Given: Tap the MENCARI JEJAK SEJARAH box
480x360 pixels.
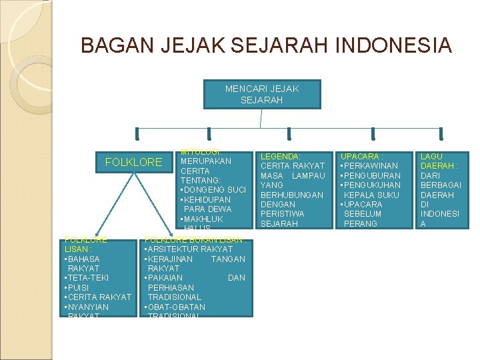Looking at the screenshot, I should (262, 94).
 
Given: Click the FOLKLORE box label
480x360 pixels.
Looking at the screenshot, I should (134, 162).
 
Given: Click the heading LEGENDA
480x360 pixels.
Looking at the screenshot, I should (280, 156).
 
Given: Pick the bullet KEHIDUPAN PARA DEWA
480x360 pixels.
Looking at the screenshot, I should (207, 205).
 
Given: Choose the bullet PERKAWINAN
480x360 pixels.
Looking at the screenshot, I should (370, 165).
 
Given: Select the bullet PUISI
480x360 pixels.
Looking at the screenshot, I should (79, 287).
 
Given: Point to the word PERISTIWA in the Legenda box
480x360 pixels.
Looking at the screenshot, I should (283, 214).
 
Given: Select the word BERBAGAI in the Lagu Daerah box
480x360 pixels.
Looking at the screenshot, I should (440, 185).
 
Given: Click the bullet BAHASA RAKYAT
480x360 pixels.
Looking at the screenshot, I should (83, 263).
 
